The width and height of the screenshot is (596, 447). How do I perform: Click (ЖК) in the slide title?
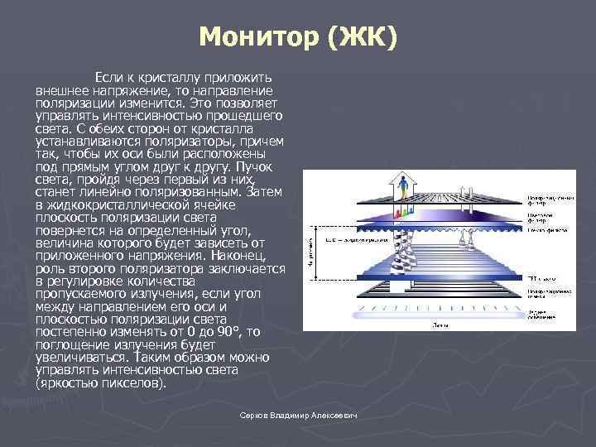(x=362, y=37)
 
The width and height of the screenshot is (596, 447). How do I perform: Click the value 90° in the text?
(x=226, y=331)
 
